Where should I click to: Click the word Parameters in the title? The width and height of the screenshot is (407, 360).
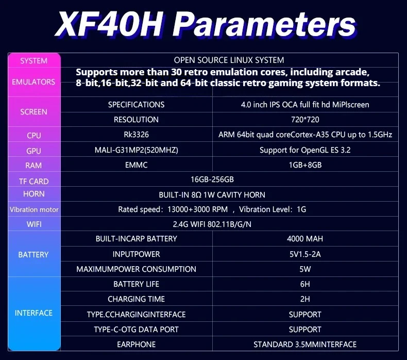point(264,24)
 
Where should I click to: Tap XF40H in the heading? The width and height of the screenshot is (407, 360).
point(109,24)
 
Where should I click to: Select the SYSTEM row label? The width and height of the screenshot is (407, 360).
point(33,61)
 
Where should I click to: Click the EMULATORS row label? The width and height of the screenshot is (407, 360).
point(33,82)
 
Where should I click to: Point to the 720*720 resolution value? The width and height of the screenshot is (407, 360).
point(305,120)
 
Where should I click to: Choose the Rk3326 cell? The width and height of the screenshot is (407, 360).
point(137,135)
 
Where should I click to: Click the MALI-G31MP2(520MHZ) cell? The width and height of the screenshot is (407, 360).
point(137,150)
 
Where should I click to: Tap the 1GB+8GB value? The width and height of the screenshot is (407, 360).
point(305,165)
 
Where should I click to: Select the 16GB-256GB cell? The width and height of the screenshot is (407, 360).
point(212,179)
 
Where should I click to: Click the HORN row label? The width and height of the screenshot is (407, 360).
point(33,194)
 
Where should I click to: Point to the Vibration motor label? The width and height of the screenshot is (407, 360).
point(34,209)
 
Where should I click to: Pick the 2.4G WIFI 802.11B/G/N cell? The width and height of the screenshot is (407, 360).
point(212,224)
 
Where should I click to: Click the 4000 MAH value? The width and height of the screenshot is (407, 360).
point(305,239)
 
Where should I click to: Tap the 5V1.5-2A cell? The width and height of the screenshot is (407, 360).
point(305,254)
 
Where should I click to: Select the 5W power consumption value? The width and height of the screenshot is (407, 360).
point(305,269)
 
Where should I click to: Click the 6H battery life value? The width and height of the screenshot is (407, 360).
point(305,284)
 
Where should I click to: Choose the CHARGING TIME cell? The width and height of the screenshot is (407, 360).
point(137,299)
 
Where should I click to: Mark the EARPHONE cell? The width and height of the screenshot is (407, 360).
point(137,345)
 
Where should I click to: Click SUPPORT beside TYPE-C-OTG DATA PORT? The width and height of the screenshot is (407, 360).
point(305,330)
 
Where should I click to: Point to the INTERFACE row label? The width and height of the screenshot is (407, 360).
point(33,313)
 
